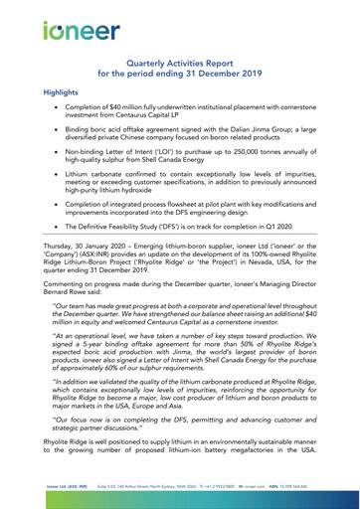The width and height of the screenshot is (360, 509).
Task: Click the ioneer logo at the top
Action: click(x=74, y=30)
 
